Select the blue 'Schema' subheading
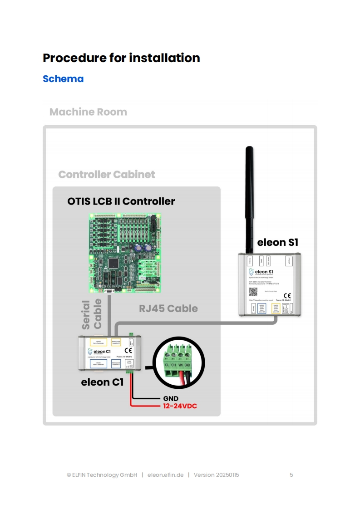pos(63,78)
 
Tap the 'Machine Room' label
pos(88,112)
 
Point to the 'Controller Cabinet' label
pos(107,175)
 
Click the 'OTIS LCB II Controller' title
pos(121,201)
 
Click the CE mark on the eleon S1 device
pos(287,295)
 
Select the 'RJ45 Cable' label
pos(168,308)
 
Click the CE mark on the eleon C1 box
pos(128,350)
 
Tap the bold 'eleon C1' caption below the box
pos(102,382)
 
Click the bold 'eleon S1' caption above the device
pos(278,242)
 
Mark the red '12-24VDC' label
pos(180,406)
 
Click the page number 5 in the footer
pos(291,475)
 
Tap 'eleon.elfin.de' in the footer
pos(166,475)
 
